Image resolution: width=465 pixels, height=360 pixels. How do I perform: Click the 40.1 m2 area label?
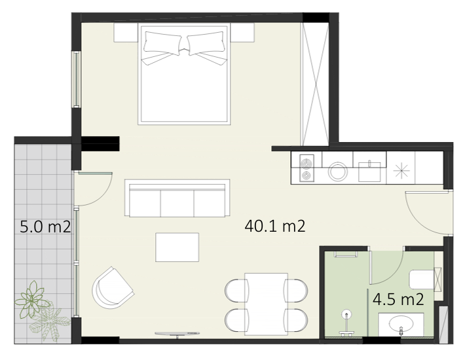(x=275, y=226)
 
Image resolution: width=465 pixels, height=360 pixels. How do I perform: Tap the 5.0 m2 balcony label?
(x=45, y=227)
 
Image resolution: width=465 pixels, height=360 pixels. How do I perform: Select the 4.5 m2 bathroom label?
(x=398, y=299)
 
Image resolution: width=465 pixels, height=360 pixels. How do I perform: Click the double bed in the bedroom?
(x=184, y=74)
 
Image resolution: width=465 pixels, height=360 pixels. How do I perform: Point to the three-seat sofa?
(x=177, y=198)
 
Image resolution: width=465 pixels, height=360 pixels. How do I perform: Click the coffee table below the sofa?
(x=177, y=247)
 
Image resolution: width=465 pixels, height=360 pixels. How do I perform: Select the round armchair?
(x=112, y=288)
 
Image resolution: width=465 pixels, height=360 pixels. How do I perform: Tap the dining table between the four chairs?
(x=266, y=304)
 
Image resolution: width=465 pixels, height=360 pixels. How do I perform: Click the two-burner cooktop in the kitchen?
(x=307, y=168)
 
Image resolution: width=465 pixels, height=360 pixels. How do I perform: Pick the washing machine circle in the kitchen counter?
(x=338, y=171)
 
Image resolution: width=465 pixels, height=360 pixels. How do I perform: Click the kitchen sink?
(x=369, y=171)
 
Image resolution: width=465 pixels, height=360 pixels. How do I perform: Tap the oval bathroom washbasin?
(x=401, y=323)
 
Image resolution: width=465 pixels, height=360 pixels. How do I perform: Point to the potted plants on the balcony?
(x=42, y=311)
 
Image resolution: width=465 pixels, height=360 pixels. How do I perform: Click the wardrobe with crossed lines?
(x=315, y=84)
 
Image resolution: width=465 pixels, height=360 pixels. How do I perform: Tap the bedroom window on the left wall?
(x=77, y=79)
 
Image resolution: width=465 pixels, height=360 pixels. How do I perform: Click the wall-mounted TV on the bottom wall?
(x=177, y=334)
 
